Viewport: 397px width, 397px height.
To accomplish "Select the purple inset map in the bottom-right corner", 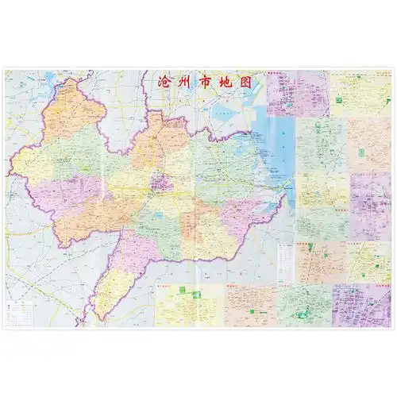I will pos(361,306).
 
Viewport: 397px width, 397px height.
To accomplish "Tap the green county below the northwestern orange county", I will pos(71,151).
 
